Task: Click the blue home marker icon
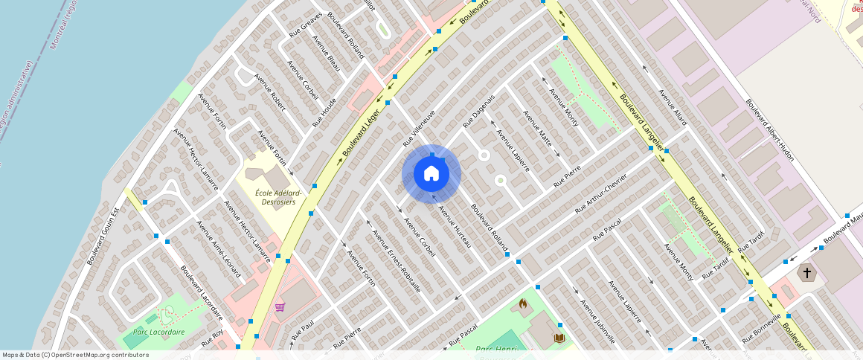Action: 431,173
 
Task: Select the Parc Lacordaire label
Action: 158,332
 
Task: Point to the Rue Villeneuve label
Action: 419,127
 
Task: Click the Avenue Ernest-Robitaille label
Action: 396,260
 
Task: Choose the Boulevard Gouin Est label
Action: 103,237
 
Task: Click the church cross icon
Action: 806,273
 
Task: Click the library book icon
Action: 559,338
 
